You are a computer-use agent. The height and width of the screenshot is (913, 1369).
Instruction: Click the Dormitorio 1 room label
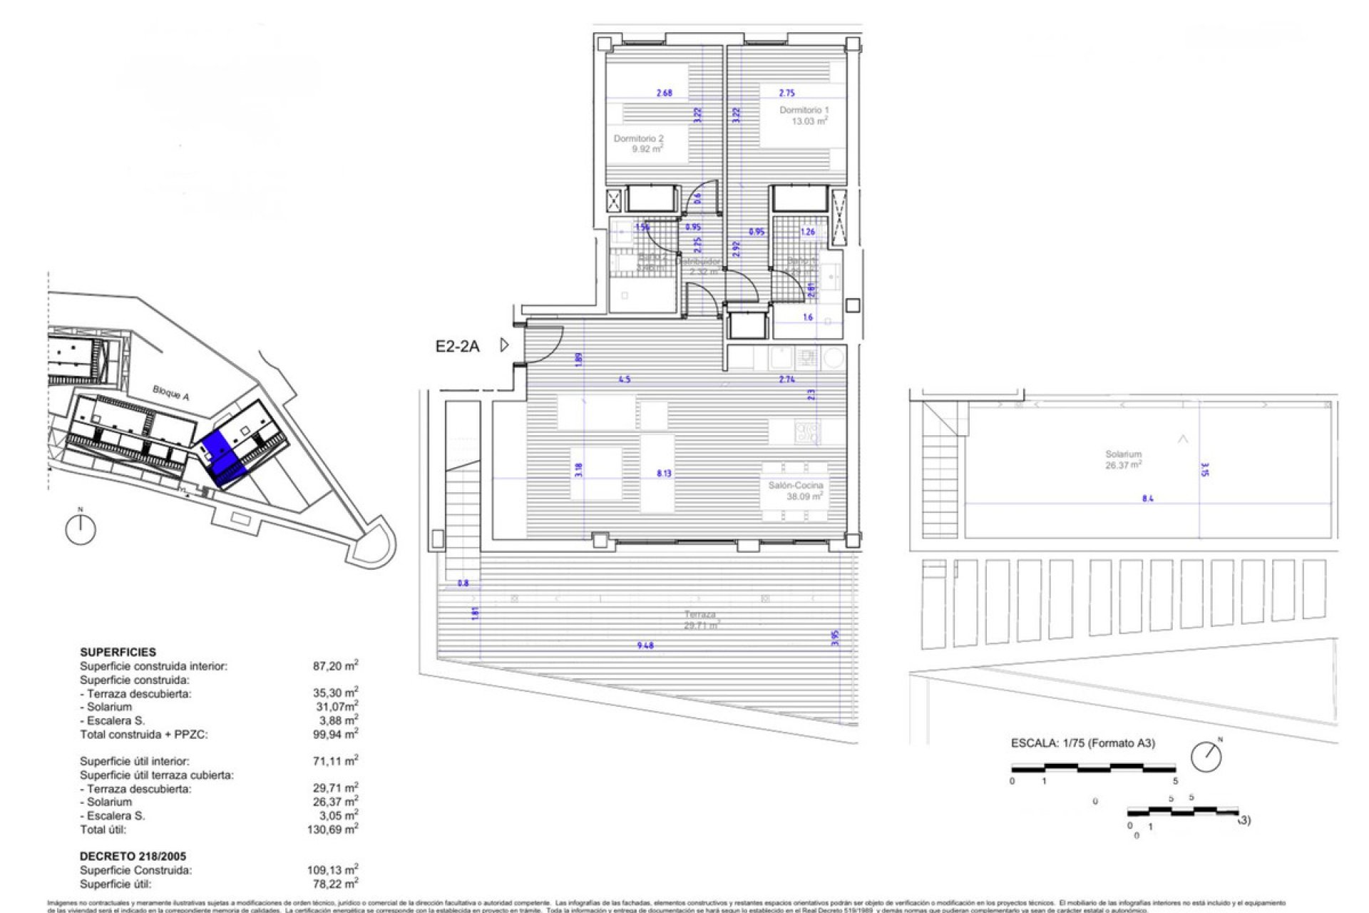pos(804,116)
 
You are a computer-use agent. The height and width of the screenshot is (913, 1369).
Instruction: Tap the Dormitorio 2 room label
pos(638,143)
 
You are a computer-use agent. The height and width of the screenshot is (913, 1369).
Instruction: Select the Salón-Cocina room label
pos(796,491)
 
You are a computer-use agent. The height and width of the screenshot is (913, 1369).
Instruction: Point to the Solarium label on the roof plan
pos(1123,459)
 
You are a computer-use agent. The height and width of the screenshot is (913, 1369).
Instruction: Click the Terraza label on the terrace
pos(699,619)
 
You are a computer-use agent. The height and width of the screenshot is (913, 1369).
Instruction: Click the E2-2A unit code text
pos(457,347)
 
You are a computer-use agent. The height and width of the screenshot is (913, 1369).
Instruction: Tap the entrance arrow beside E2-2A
pos(504,345)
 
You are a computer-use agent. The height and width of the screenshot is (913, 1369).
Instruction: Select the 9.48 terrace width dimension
pos(645,646)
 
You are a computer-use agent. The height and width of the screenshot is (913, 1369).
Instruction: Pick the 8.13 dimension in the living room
pos(663,473)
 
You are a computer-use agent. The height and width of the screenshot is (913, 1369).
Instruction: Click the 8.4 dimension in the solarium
pos(1147,499)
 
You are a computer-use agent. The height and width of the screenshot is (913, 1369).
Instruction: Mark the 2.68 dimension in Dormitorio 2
pos(664,93)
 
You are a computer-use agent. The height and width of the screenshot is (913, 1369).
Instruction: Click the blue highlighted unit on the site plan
pos(222,456)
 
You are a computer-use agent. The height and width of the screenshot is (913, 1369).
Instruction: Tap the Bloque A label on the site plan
pos(170,392)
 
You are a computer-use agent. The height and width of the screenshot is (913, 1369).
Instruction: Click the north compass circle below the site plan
pos(81,529)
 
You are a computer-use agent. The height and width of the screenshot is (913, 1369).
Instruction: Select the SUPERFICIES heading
pos(118,652)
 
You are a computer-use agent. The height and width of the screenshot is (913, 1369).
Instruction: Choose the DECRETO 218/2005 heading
pos(133,856)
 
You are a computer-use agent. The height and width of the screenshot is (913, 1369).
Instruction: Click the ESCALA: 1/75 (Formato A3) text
pos(1082,743)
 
